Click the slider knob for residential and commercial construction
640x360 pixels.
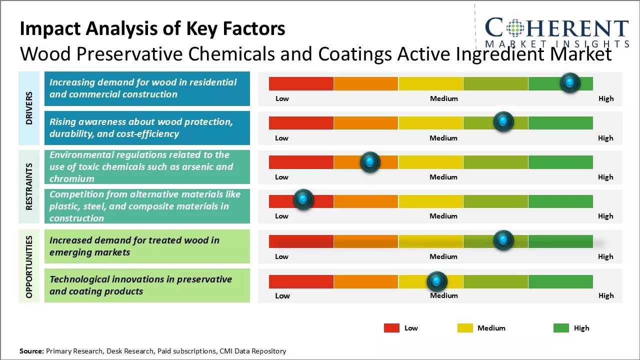pos(570,83)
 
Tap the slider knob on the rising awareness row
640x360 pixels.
pos(503,122)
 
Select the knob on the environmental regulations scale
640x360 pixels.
pos(370,161)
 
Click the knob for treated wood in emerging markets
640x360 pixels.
pos(503,240)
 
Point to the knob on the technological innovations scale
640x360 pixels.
pos(437,281)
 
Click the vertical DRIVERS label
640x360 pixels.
pos(29,108)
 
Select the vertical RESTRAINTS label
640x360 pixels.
pos(29,186)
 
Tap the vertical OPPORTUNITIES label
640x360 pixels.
pos(29,266)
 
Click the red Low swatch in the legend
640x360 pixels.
pos(391,328)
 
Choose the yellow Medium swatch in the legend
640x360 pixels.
pos(465,328)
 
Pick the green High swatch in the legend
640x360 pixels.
pos(561,328)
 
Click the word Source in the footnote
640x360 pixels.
pos(31,351)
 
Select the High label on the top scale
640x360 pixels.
pos(606,98)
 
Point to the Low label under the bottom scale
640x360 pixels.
pos(282,295)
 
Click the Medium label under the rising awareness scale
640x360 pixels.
pos(443,138)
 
